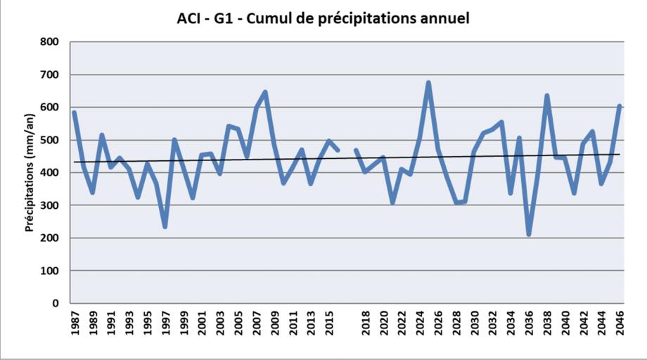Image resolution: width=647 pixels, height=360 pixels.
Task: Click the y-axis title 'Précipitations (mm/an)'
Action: click(x=30, y=172)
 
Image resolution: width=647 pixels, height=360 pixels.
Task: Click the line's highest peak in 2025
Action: click(x=428, y=83)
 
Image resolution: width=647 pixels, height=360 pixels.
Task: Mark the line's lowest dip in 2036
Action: click(x=529, y=235)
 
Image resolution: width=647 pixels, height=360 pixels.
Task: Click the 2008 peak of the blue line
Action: click(x=265, y=92)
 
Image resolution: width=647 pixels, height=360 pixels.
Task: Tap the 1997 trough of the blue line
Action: click(x=165, y=226)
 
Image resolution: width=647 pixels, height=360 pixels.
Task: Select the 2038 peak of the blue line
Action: click(x=546, y=96)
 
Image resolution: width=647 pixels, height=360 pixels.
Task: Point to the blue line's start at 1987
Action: click(x=75, y=112)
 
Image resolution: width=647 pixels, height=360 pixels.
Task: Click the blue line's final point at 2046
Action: click(x=620, y=106)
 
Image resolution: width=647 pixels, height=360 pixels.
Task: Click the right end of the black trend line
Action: click(x=620, y=154)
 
